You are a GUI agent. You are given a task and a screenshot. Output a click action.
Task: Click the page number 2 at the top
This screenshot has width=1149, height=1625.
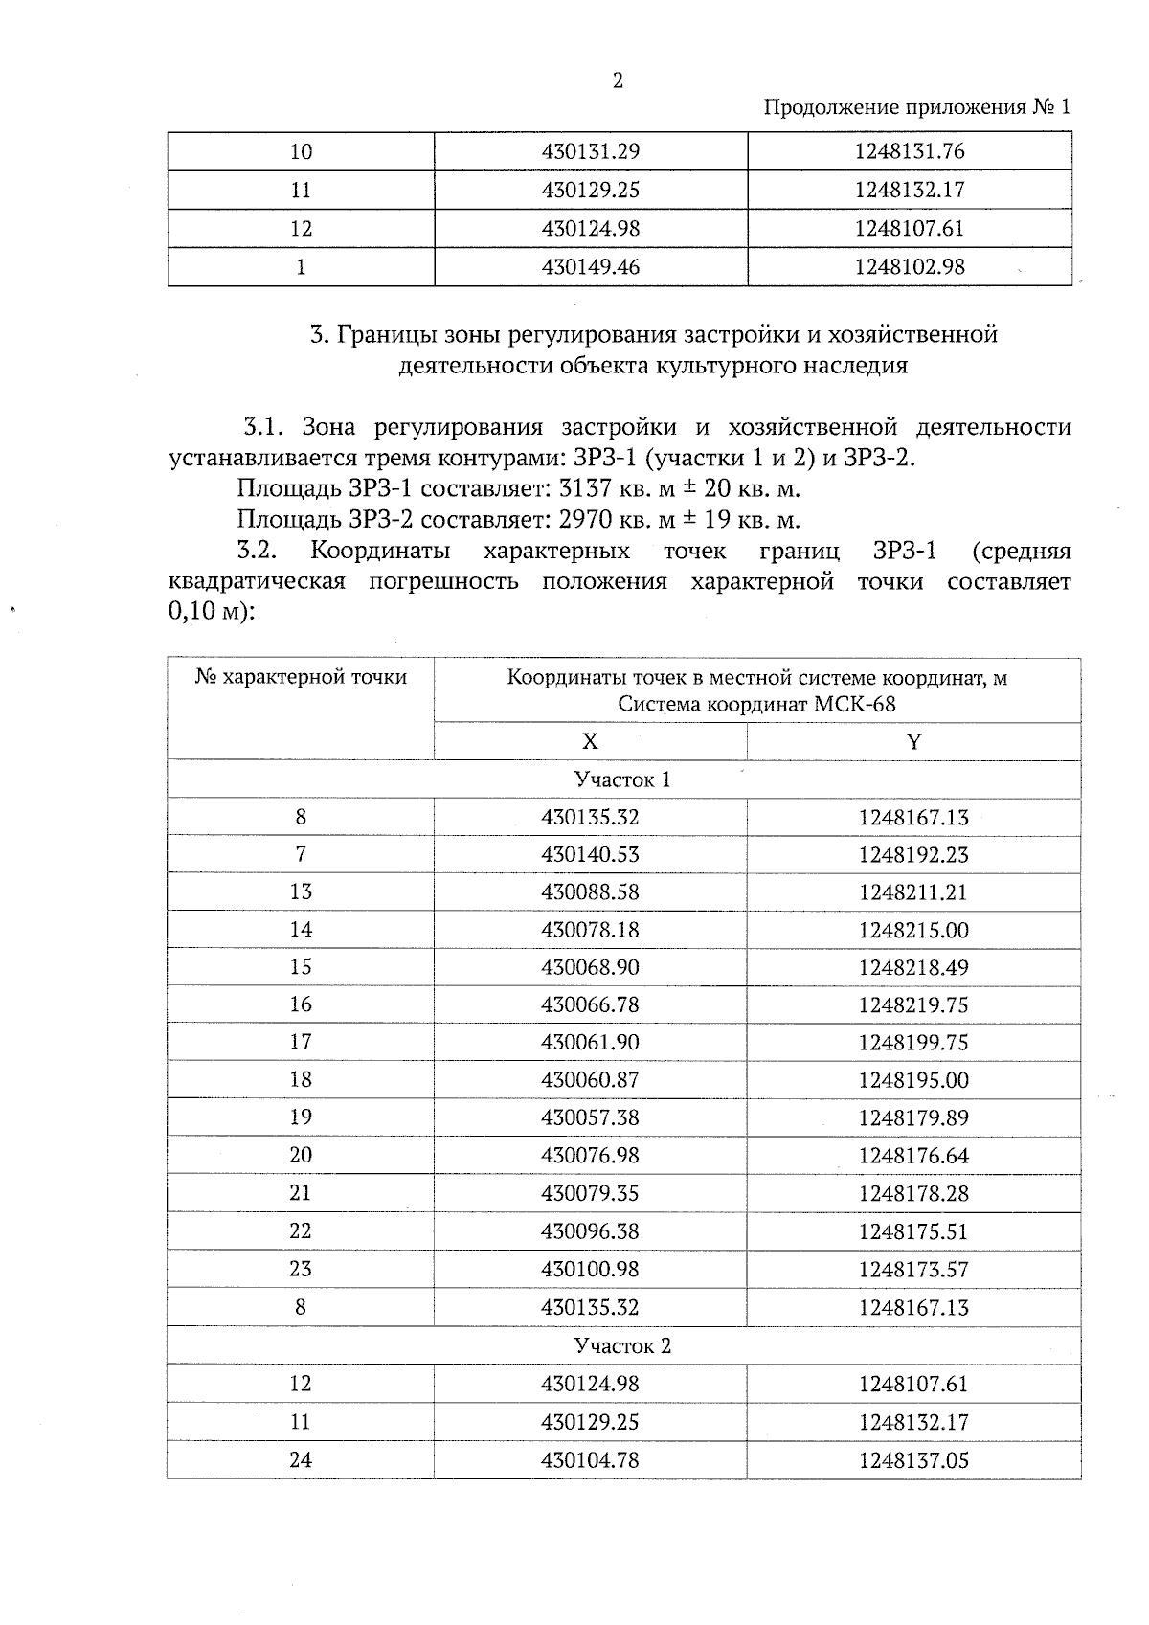(x=618, y=81)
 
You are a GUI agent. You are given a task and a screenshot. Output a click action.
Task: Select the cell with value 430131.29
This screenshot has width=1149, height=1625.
(x=590, y=151)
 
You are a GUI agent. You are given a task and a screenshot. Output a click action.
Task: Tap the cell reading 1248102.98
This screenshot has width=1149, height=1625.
(x=910, y=267)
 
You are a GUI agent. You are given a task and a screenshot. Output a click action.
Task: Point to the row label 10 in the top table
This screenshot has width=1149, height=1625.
(x=301, y=151)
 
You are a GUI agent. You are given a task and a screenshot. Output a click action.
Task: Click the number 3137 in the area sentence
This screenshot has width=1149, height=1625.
(x=584, y=489)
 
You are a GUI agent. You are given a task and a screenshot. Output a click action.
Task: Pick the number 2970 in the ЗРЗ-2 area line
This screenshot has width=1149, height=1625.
(x=584, y=521)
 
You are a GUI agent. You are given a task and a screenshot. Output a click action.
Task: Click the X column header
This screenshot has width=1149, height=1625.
(x=590, y=742)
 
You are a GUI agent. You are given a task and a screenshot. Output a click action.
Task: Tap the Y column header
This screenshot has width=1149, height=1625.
(x=913, y=742)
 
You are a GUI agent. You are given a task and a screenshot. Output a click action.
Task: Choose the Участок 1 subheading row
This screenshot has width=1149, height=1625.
(x=622, y=779)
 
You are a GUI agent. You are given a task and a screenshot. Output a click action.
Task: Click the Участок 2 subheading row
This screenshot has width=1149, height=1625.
(x=622, y=1345)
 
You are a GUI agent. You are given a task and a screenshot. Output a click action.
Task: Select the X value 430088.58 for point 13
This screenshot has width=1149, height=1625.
(x=590, y=892)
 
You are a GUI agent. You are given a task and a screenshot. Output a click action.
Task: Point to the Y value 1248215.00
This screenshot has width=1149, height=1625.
(x=913, y=930)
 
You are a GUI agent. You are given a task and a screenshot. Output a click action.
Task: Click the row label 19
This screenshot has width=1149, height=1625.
(x=301, y=1117)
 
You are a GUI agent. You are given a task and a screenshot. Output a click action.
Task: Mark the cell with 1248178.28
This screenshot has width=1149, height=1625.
(x=913, y=1193)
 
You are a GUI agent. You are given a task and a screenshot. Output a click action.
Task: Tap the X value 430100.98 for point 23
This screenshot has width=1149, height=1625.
(x=590, y=1269)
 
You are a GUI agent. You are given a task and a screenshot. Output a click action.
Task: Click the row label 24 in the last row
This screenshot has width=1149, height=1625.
(x=301, y=1460)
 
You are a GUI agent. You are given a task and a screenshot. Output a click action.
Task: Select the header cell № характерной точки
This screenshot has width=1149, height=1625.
(x=301, y=678)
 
